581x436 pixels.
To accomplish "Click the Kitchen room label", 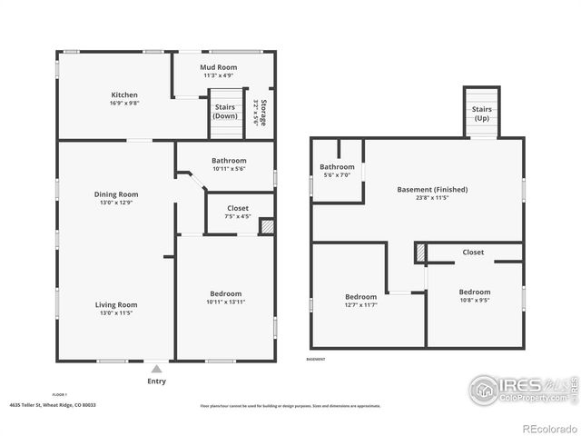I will [x=124, y=94].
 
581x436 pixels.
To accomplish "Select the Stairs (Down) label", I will [x=225, y=112].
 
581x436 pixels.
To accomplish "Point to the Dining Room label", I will [x=116, y=193].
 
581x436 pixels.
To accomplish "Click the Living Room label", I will [x=116, y=304].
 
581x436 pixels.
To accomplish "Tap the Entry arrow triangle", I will [x=157, y=369].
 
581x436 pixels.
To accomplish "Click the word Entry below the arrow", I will [x=157, y=381].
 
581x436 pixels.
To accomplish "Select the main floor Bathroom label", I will [x=229, y=161].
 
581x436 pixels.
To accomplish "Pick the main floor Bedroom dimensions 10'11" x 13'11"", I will [x=225, y=302].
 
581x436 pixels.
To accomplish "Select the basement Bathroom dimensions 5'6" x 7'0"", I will [x=337, y=175].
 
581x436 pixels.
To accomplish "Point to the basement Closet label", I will [x=473, y=252].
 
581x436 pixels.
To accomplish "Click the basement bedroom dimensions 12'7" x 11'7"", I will [x=360, y=305].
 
